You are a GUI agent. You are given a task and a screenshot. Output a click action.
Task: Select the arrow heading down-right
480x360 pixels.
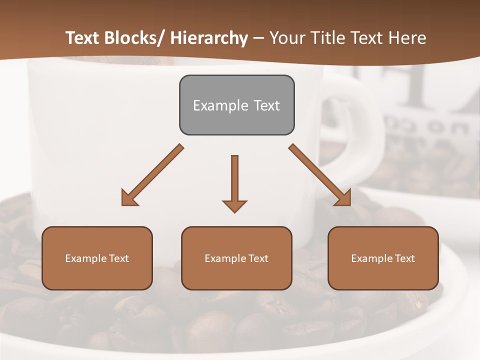(320, 175)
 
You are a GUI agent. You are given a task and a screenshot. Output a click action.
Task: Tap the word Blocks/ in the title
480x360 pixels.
(135, 38)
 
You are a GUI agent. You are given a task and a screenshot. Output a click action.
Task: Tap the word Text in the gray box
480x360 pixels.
(266, 105)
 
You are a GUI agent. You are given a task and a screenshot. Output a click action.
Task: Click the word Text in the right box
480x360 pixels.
(404, 258)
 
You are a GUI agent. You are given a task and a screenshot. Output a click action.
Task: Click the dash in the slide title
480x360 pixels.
(258, 38)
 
